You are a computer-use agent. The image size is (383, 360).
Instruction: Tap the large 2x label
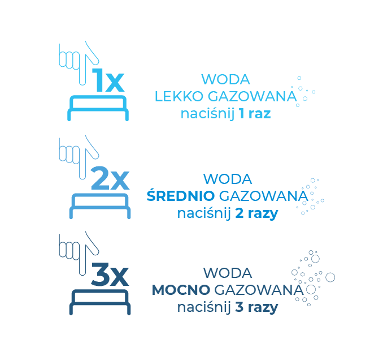point(110,179)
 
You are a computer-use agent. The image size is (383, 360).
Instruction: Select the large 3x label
point(110,276)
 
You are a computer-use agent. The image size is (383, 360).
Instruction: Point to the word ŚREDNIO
point(180,196)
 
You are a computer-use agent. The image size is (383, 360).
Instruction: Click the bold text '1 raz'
point(254,113)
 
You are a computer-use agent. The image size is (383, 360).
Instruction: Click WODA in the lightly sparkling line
point(226,79)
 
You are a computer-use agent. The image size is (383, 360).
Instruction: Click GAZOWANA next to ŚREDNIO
point(263,196)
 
